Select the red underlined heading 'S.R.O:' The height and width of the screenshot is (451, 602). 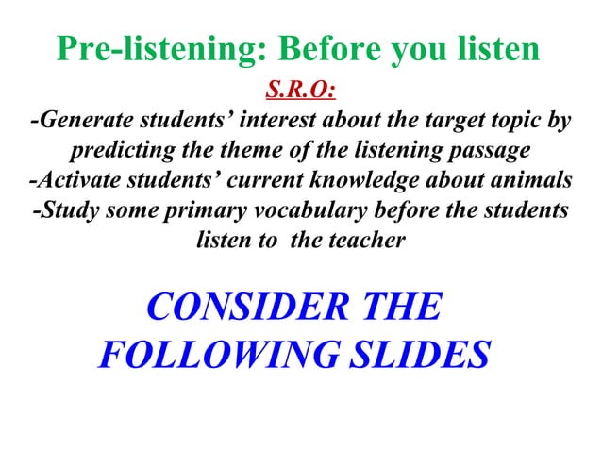pyautogui.click(x=301, y=92)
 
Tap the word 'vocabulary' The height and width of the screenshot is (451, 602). pyautogui.click(x=300, y=210)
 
